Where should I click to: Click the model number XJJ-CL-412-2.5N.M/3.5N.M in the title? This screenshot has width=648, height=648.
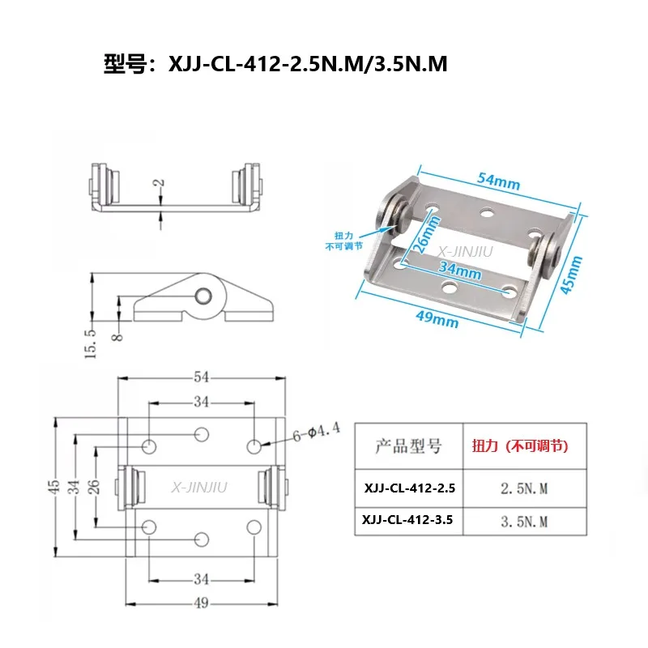[308, 64]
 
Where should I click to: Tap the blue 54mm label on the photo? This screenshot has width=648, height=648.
[500, 183]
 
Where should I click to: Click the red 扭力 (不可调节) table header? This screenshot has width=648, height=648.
[521, 446]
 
